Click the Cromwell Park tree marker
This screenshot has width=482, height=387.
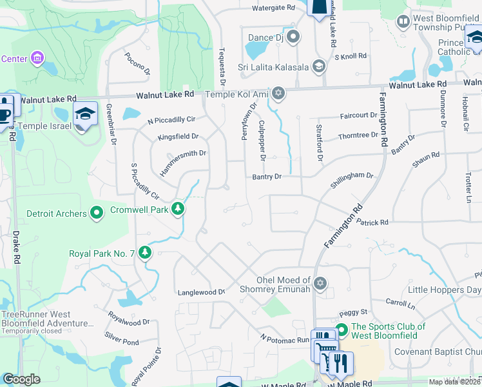tap(177, 208)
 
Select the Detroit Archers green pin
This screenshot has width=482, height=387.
tap(97, 213)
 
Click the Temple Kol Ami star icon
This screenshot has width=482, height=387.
tap(278, 94)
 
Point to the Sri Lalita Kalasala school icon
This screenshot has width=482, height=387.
tap(318, 66)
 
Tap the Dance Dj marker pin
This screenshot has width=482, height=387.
tap(293, 37)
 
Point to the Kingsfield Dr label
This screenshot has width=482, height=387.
tap(178, 137)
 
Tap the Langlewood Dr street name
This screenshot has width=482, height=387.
tap(201, 292)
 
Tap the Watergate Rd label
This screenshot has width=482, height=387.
tap(273, 8)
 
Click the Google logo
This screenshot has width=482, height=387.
tap(21, 379)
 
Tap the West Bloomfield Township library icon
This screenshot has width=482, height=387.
tap(403, 22)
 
